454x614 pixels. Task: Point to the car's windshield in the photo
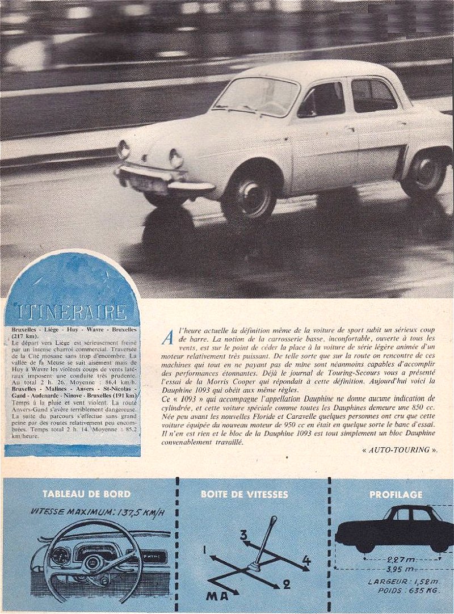pyautogui.click(x=257, y=97)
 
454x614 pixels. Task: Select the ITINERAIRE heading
pyautogui.click(x=72, y=312)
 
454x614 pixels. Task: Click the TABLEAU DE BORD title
pyautogui.click(x=86, y=494)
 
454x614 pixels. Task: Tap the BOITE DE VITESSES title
pyautogui.click(x=244, y=494)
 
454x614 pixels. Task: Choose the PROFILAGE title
pyautogui.click(x=396, y=494)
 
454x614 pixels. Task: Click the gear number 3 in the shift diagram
pyautogui.click(x=243, y=535)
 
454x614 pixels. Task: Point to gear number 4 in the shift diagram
pyautogui.click(x=306, y=561)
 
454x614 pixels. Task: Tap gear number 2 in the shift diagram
pyautogui.click(x=287, y=584)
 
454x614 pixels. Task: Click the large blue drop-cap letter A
pyautogui.click(x=168, y=338)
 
